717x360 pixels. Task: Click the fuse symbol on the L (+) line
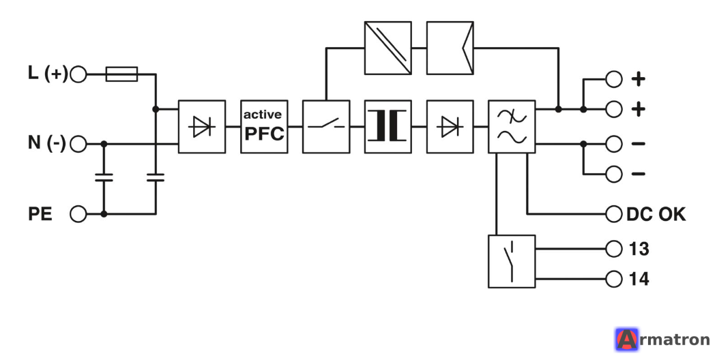(121, 74)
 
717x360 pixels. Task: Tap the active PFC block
(264, 127)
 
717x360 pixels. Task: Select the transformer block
(387, 127)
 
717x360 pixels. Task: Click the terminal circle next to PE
(78, 214)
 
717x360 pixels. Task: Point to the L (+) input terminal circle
(78, 74)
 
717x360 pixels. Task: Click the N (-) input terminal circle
(78, 144)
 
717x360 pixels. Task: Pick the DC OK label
(656, 214)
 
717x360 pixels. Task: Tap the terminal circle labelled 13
(614, 249)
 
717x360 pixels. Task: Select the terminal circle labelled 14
(614, 279)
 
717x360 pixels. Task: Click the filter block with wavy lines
(512, 127)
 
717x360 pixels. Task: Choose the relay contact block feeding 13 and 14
(512, 261)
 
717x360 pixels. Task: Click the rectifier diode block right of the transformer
(450, 127)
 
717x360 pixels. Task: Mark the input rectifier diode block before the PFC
(202, 127)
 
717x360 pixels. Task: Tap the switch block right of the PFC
(326, 127)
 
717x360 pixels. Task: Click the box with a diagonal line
(387, 48)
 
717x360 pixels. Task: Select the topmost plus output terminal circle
(614, 79)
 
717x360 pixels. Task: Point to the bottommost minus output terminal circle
(614, 174)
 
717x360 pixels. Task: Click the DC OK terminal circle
(614, 214)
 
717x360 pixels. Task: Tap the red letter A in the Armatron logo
(627, 340)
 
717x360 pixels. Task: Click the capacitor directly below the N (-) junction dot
(104, 178)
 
